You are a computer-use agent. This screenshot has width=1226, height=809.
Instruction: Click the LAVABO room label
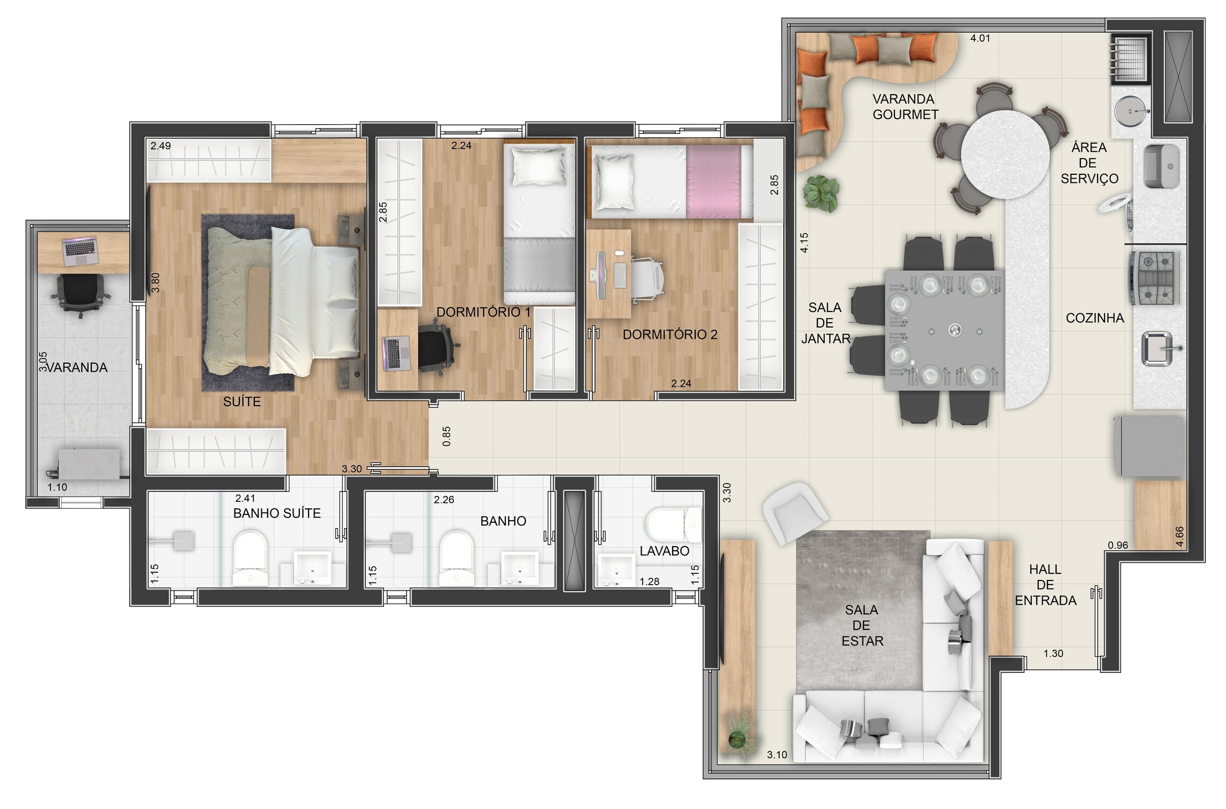tap(664, 551)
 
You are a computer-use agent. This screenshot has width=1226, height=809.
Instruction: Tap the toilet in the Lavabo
tap(673, 524)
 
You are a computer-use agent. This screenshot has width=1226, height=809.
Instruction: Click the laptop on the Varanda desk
tap(80, 252)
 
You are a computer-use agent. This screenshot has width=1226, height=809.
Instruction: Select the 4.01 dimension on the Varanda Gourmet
tap(980, 38)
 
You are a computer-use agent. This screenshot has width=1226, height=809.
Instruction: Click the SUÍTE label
tap(242, 401)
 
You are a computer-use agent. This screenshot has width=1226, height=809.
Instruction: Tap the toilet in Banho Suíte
tap(251, 558)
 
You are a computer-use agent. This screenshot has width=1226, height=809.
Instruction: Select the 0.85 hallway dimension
tap(446, 436)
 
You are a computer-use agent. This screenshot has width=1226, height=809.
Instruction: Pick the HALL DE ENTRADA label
tap(1045, 585)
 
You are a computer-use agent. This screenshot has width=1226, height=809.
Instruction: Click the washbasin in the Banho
tap(519, 568)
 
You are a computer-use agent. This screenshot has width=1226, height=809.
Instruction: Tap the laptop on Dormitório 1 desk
tap(396, 353)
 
